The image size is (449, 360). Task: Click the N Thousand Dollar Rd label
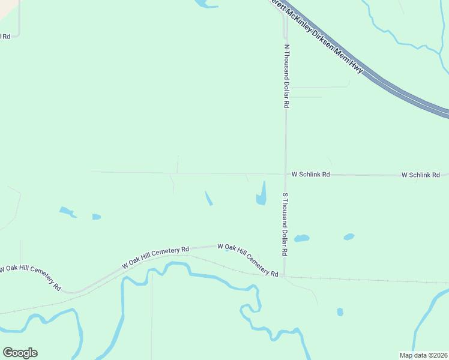286,76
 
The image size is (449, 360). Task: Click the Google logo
20,353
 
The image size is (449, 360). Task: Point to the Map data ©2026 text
423,355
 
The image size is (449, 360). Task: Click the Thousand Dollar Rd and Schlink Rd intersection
285,175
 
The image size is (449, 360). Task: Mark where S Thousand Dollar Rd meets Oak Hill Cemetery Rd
285,277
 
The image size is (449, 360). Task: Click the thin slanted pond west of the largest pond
208,198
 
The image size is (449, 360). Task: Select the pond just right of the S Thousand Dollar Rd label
301,238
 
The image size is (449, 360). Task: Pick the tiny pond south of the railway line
340,312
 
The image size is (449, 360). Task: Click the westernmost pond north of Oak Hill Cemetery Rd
66,211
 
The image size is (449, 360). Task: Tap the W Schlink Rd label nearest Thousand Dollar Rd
311,175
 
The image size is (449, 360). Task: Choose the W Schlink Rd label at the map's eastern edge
424,175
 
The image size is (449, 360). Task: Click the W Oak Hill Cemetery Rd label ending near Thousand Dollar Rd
247,260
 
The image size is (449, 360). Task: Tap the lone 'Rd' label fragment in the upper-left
5,37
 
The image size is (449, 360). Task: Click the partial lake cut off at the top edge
204,4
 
